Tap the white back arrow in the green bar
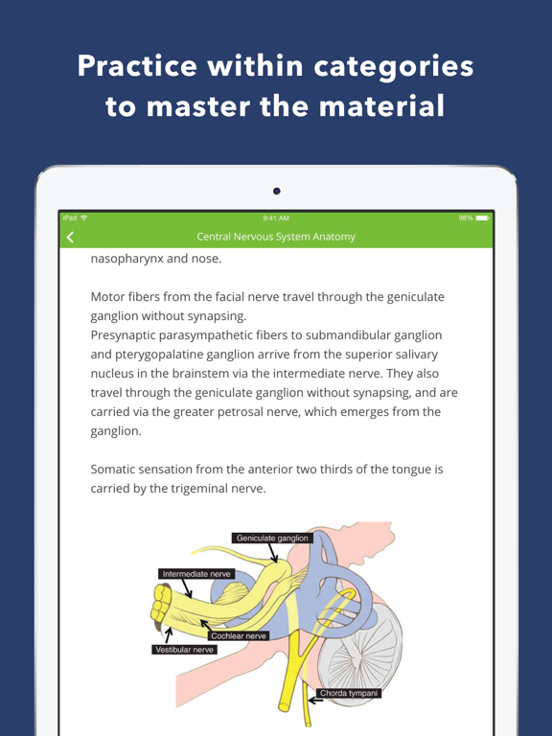click(69, 237)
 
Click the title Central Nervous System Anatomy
click(276, 237)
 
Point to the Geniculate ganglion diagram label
click(273, 539)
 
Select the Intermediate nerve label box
click(196, 574)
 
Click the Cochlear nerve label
click(239, 635)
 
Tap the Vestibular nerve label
click(185, 649)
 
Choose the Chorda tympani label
click(349, 693)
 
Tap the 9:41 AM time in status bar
click(276, 219)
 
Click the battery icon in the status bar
click(481, 219)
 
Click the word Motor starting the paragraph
click(109, 297)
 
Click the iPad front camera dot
click(277, 192)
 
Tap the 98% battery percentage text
click(465, 219)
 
